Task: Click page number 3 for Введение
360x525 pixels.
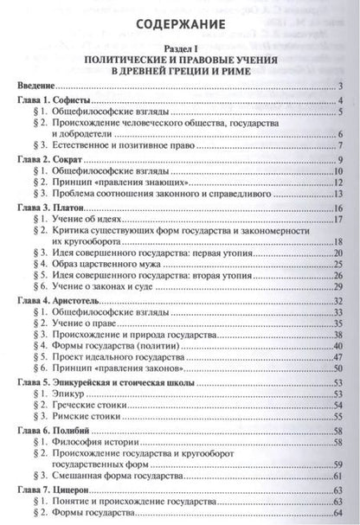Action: (x=344, y=86)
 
